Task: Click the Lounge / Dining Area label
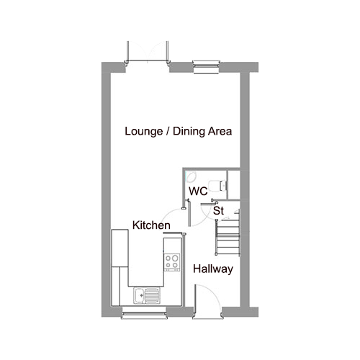[179, 131]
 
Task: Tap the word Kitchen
[151, 225]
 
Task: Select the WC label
[198, 192]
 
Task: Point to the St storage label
[218, 210]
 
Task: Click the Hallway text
[213, 269]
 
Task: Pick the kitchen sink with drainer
[146, 294]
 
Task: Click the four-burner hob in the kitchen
[172, 262]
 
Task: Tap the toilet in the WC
[217, 186]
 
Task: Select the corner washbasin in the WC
[191, 177]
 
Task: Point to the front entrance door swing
[208, 299]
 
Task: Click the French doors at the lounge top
[148, 52]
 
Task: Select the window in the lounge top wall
[206, 67]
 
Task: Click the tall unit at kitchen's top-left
[120, 248]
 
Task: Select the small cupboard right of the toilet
[234, 184]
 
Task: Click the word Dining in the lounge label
[189, 132]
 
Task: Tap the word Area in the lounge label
[220, 131]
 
